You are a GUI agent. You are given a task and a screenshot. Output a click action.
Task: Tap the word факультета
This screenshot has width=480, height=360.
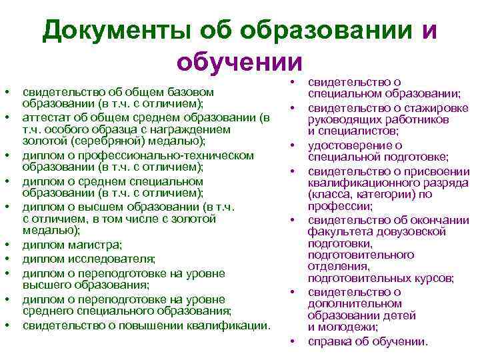(x=337, y=232)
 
